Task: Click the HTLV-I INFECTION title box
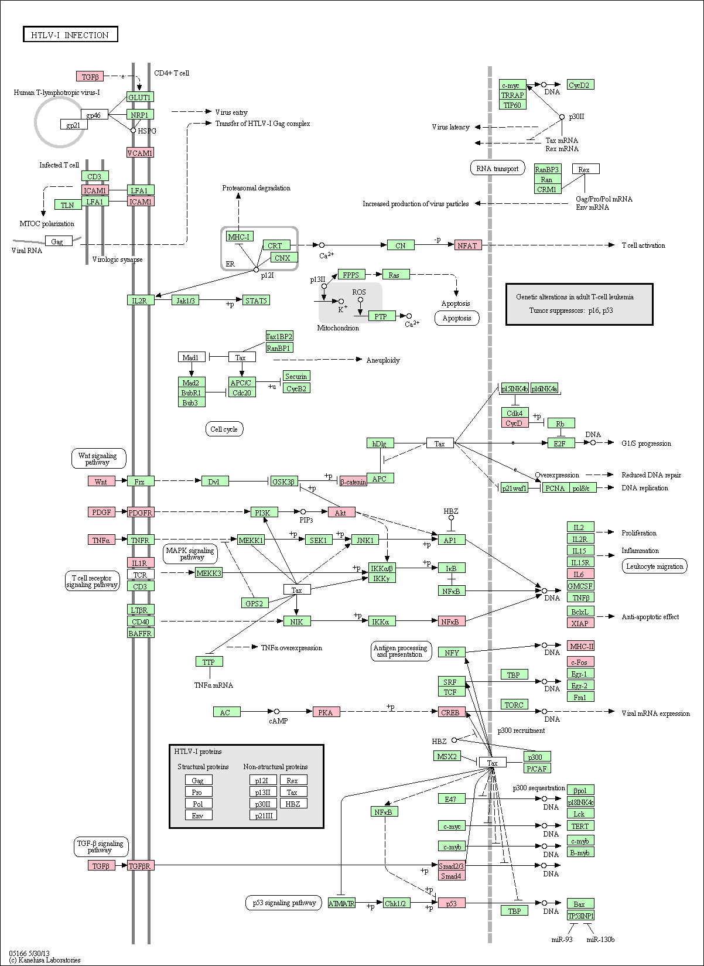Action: pyautogui.click(x=70, y=35)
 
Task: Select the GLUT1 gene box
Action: pyautogui.click(x=140, y=97)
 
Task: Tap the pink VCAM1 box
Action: pyautogui.click(x=140, y=153)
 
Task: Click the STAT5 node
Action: pyautogui.click(x=257, y=300)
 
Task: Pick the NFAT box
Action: pyautogui.click(x=468, y=245)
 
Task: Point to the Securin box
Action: pyautogui.click(x=296, y=376)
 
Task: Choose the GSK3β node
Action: pyautogui.click(x=283, y=482)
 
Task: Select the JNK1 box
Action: pyautogui.click(x=365, y=540)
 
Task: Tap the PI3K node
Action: pyautogui.click(x=264, y=513)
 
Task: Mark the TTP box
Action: pyautogui.click(x=210, y=661)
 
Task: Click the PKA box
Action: pyautogui.click(x=326, y=712)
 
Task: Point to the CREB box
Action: pyautogui.click(x=452, y=712)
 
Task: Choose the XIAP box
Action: pyautogui.click(x=580, y=623)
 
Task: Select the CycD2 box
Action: pyautogui.click(x=580, y=85)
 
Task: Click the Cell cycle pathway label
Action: pyautogui.click(x=224, y=429)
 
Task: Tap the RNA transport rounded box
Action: pyautogui.click(x=497, y=168)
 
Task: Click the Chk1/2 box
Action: pyautogui.click(x=396, y=903)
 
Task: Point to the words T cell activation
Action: pyautogui.click(x=643, y=245)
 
